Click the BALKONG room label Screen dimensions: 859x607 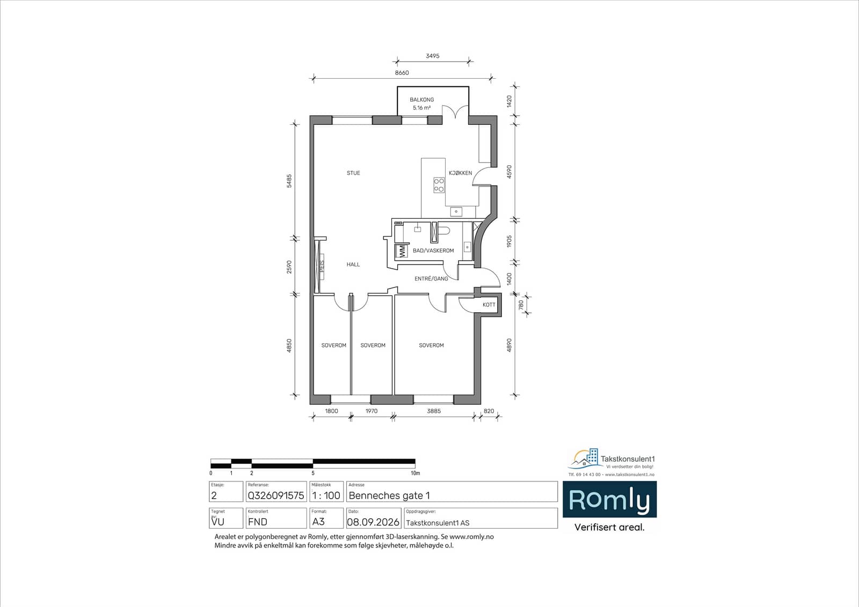[x=422, y=100]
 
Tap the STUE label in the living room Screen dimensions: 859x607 [x=353, y=173]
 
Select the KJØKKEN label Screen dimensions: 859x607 [x=460, y=173]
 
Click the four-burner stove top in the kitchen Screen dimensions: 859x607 [x=439, y=185]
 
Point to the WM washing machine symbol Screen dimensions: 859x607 [x=402, y=251]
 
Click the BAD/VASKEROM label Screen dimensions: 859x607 [x=433, y=250]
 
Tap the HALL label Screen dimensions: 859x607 [x=353, y=264]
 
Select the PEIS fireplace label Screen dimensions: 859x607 [x=322, y=266]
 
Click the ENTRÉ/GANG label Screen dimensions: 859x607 [x=431, y=278]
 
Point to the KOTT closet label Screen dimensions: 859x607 [x=489, y=305]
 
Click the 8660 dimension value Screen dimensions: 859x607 [x=402, y=73]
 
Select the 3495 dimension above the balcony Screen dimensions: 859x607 [x=433, y=56]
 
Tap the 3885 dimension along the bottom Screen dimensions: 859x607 [x=434, y=411]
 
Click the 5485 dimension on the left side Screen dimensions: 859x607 [x=289, y=181]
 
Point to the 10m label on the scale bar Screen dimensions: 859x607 [x=416, y=473]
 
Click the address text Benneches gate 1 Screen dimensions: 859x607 [x=389, y=495]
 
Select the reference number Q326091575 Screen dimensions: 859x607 [x=276, y=495]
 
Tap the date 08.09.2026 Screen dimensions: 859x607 [x=373, y=522]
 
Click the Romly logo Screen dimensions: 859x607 [x=609, y=499]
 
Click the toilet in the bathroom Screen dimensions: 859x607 [x=444, y=231]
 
